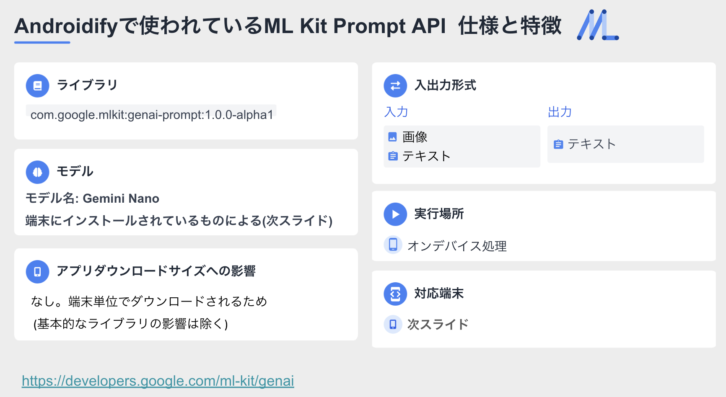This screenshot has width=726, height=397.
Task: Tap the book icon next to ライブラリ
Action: (x=38, y=86)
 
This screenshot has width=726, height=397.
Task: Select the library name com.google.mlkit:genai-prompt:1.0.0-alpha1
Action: (x=152, y=115)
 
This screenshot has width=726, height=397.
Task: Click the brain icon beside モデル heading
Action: (x=38, y=172)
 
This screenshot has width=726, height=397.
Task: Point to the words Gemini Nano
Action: (x=121, y=198)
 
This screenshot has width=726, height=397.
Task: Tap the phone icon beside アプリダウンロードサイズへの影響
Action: (x=38, y=272)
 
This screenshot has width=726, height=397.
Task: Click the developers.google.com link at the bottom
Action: (x=158, y=381)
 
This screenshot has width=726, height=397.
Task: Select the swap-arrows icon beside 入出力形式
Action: (x=395, y=86)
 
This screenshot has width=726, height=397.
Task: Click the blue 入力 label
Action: (x=396, y=112)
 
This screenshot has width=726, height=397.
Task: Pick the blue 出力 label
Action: (x=560, y=112)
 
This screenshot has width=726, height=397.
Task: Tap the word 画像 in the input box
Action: (x=415, y=137)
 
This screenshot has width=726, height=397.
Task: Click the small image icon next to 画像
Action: (x=393, y=137)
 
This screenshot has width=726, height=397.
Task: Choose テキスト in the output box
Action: (x=591, y=144)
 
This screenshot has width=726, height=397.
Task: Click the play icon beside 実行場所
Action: (x=395, y=214)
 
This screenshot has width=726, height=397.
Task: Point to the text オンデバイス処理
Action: (x=457, y=246)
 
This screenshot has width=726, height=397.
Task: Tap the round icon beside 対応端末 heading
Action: (x=395, y=294)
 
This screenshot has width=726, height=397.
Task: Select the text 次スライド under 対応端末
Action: (x=438, y=325)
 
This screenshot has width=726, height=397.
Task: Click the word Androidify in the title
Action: (x=67, y=26)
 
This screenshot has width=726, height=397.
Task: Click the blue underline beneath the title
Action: (x=42, y=42)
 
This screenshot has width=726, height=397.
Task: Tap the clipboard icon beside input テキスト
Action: (x=393, y=156)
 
